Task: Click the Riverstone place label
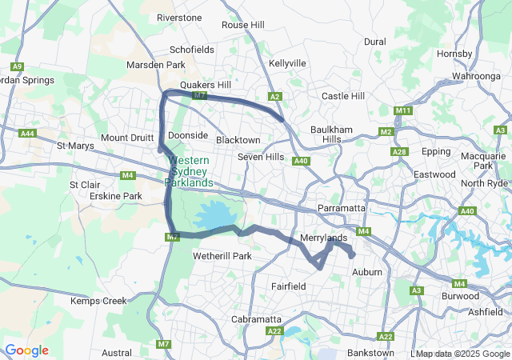point(179,18)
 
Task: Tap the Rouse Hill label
point(242,25)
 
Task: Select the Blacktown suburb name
point(238,140)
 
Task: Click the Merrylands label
point(323,238)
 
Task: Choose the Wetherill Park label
point(222,257)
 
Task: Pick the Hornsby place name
point(455,54)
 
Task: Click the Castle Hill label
point(342,96)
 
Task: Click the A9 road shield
point(17,66)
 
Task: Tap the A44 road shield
point(28,133)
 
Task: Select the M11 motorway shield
point(403,110)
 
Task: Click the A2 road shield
point(274,97)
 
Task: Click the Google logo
point(26,350)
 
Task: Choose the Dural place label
point(374,42)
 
